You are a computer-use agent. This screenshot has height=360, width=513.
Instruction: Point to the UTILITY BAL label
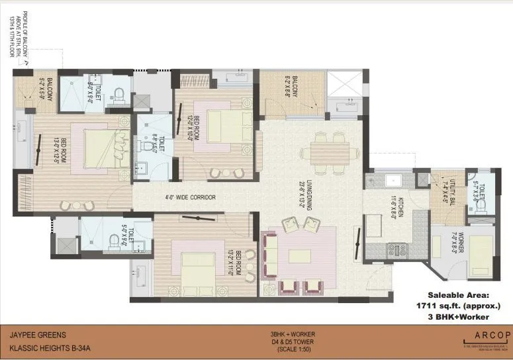click(x=455, y=192)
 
